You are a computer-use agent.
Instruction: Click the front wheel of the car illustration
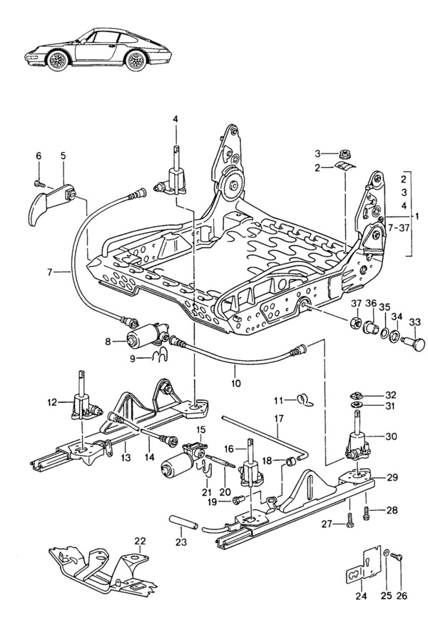click(56, 60)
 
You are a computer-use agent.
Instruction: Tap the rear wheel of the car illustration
click(136, 60)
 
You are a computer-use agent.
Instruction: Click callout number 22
click(140, 541)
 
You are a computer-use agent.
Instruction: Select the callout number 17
click(278, 419)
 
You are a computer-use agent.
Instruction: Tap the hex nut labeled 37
click(356, 322)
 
